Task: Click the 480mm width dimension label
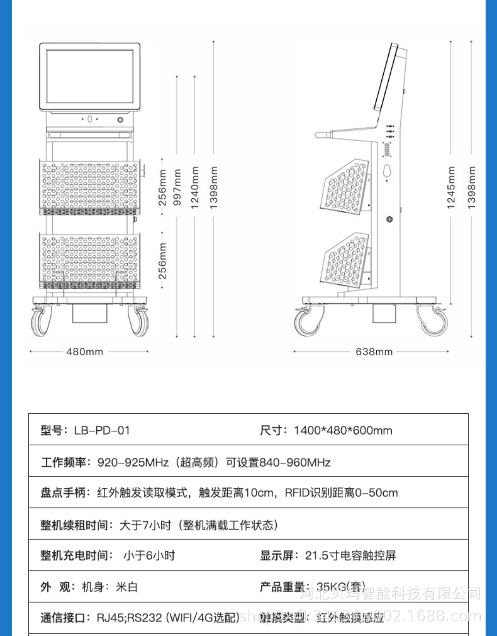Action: tap(85, 351)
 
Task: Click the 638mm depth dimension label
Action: tap(374, 351)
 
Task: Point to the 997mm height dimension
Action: tap(177, 187)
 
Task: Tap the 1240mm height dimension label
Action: tap(195, 187)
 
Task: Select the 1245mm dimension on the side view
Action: tap(451, 187)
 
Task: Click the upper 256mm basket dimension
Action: tap(162, 187)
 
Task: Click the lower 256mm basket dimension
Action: tap(162, 261)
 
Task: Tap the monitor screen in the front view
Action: tap(90, 76)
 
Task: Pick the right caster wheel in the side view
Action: tap(433, 321)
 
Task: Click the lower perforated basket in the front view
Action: tap(90, 260)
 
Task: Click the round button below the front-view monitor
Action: tap(121, 120)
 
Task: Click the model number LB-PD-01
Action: tap(102, 430)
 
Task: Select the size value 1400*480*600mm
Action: tap(343, 430)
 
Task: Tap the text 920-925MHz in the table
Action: tap(133, 462)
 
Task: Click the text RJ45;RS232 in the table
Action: tap(130, 618)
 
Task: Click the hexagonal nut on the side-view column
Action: tap(390, 219)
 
